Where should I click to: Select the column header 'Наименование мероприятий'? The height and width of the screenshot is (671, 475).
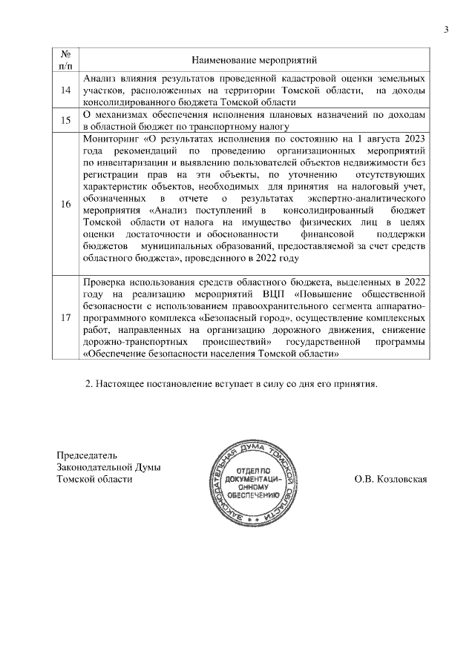pos(255,59)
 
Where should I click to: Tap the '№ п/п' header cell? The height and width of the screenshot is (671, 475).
pos(65,59)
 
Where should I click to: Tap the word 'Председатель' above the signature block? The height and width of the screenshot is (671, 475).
pos(87,455)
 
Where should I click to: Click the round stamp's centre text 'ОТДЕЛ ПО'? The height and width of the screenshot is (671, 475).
pos(255,472)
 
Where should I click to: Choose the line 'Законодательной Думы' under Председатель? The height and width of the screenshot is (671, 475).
pos(108,467)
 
